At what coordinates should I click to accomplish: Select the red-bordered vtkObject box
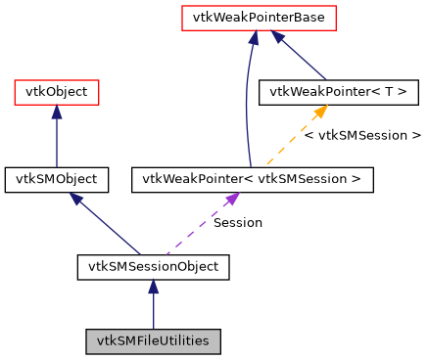(x=56, y=93)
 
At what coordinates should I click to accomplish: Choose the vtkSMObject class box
(x=56, y=179)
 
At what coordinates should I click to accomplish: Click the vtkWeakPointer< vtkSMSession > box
(x=252, y=179)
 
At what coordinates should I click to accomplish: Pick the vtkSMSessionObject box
(x=153, y=266)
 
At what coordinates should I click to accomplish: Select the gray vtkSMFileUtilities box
(x=153, y=341)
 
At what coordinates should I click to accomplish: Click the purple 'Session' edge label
(x=238, y=223)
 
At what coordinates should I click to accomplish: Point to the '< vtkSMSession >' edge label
(x=362, y=136)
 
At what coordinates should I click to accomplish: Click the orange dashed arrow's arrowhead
(x=317, y=112)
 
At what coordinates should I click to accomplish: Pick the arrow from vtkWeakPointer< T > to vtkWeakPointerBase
(x=305, y=58)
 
